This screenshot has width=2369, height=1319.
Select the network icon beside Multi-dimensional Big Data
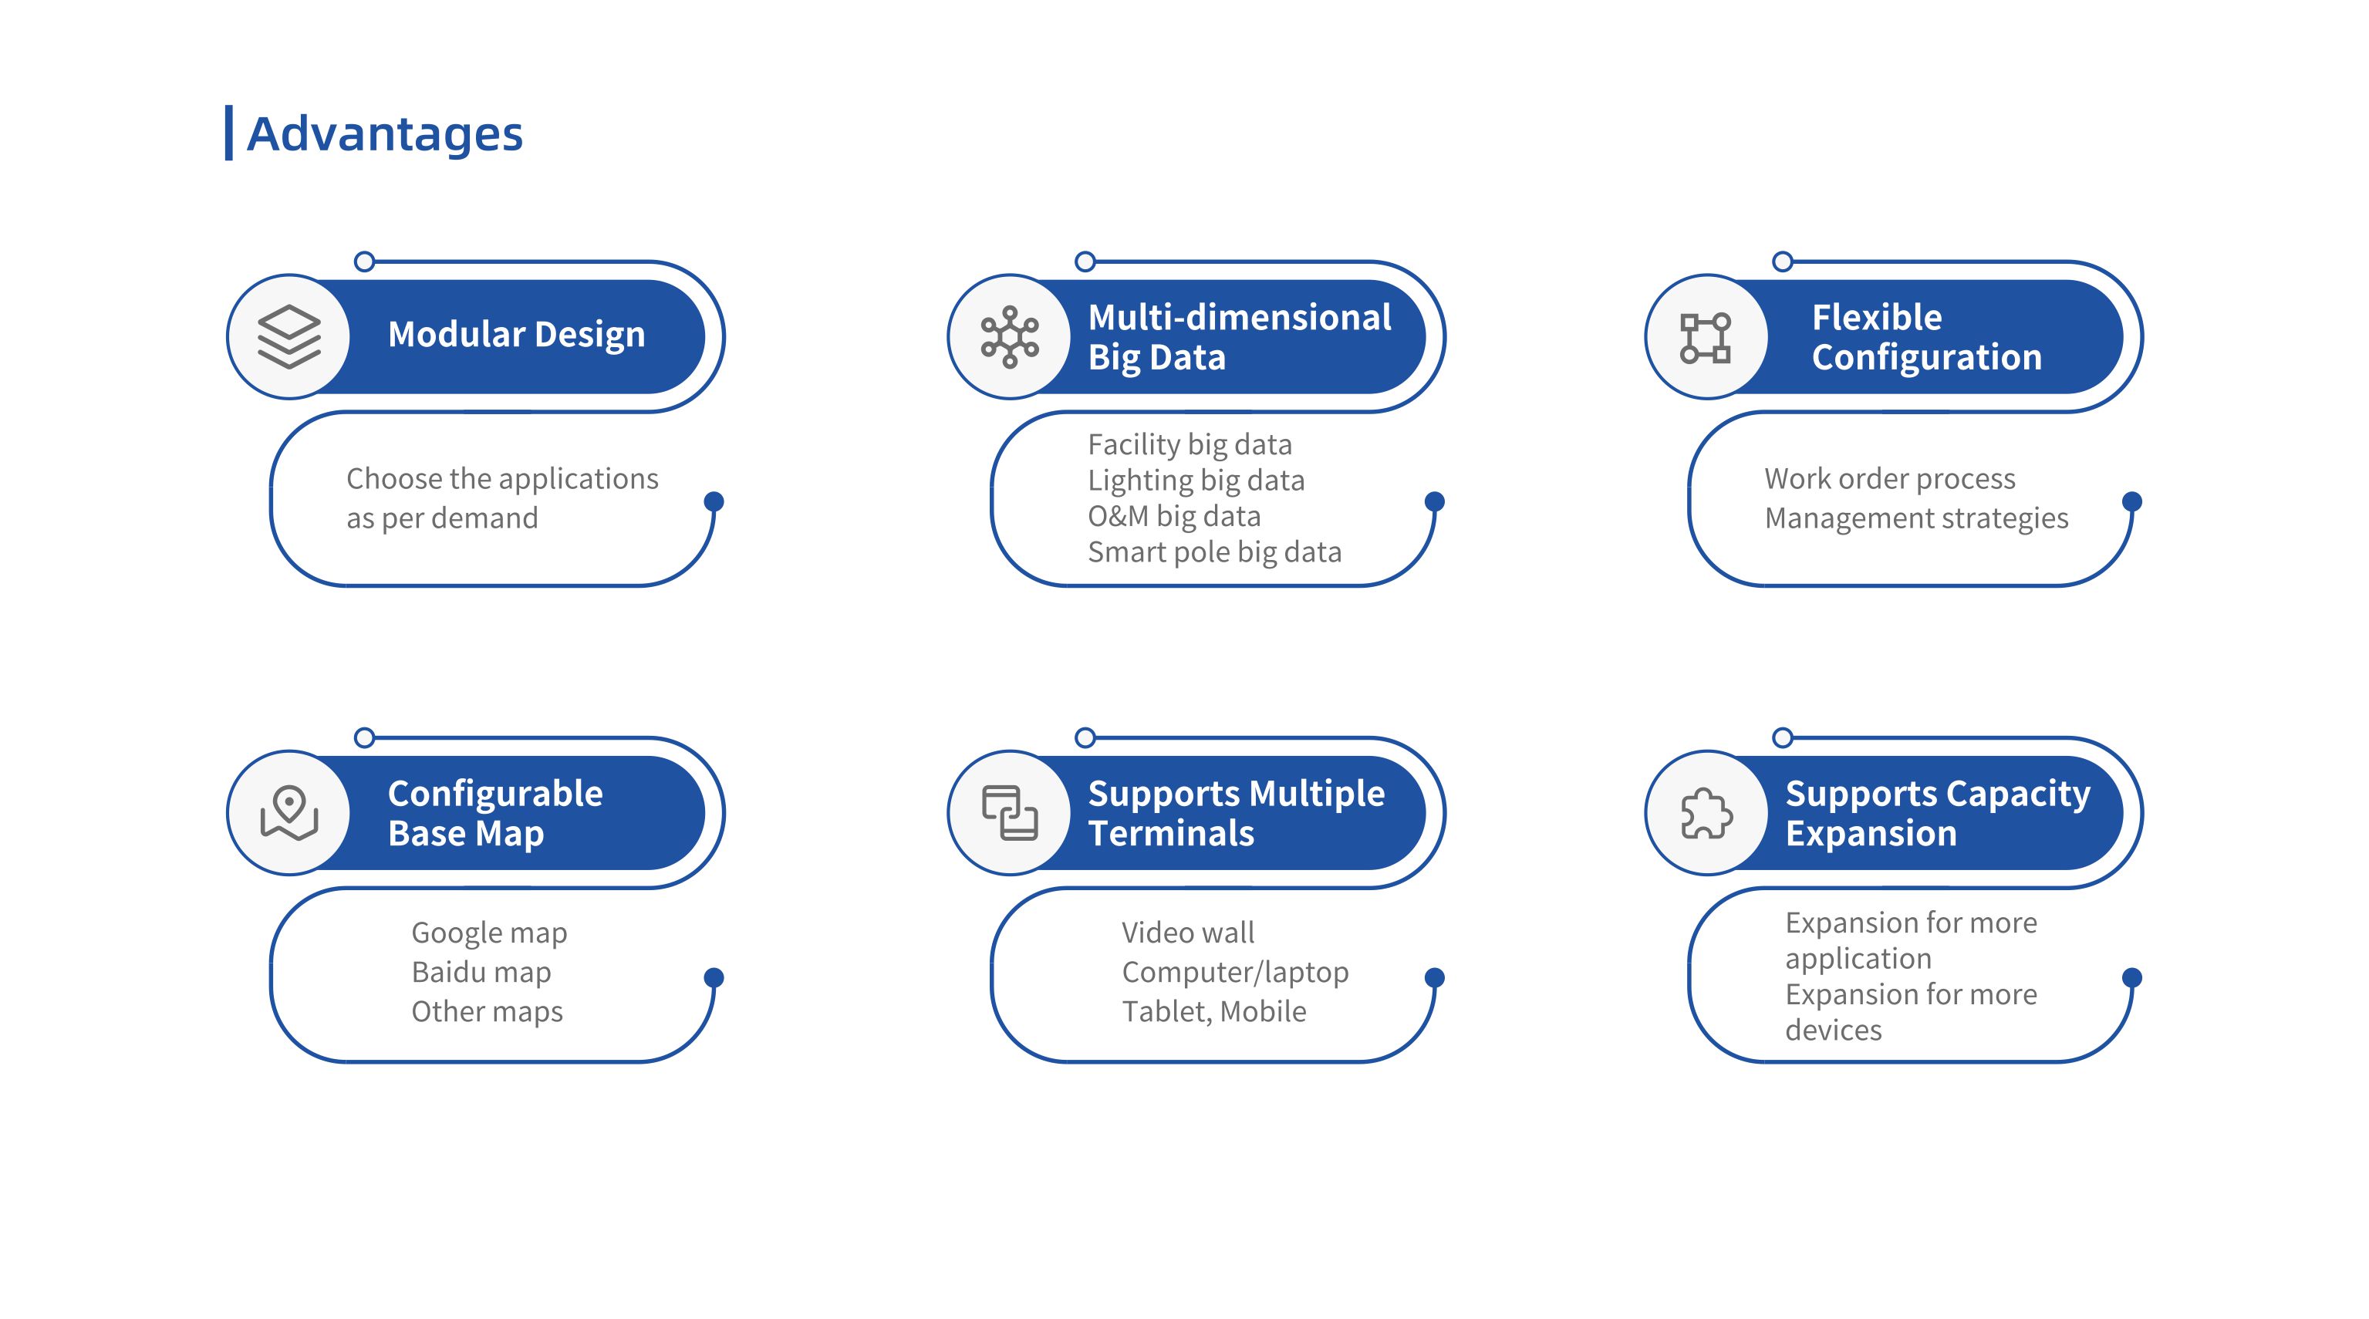(x=1010, y=336)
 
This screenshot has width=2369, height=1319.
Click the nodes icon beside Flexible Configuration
(x=1706, y=338)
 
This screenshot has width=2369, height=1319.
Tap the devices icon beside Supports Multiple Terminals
(x=1010, y=812)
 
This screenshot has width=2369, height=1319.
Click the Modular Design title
(x=517, y=334)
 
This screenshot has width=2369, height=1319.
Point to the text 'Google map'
(x=489, y=933)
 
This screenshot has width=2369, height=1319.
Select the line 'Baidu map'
(x=481, y=971)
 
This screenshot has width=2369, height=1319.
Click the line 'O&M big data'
(x=1173, y=516)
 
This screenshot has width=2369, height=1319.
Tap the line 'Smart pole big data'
(x=1215, y=552)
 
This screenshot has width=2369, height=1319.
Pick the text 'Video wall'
(x=1188, y=933)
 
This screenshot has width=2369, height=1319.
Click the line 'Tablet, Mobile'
(x=1214, y=1012)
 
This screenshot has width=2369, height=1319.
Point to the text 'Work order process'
(x=1890, y=479)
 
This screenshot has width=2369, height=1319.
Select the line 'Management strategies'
(x=1916, y=519)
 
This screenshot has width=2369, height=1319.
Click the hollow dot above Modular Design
(x=364, y=261)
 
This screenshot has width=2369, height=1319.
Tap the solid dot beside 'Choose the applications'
(x=714, y=501)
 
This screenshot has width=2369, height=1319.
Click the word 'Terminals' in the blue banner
(x=1171, y=833)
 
